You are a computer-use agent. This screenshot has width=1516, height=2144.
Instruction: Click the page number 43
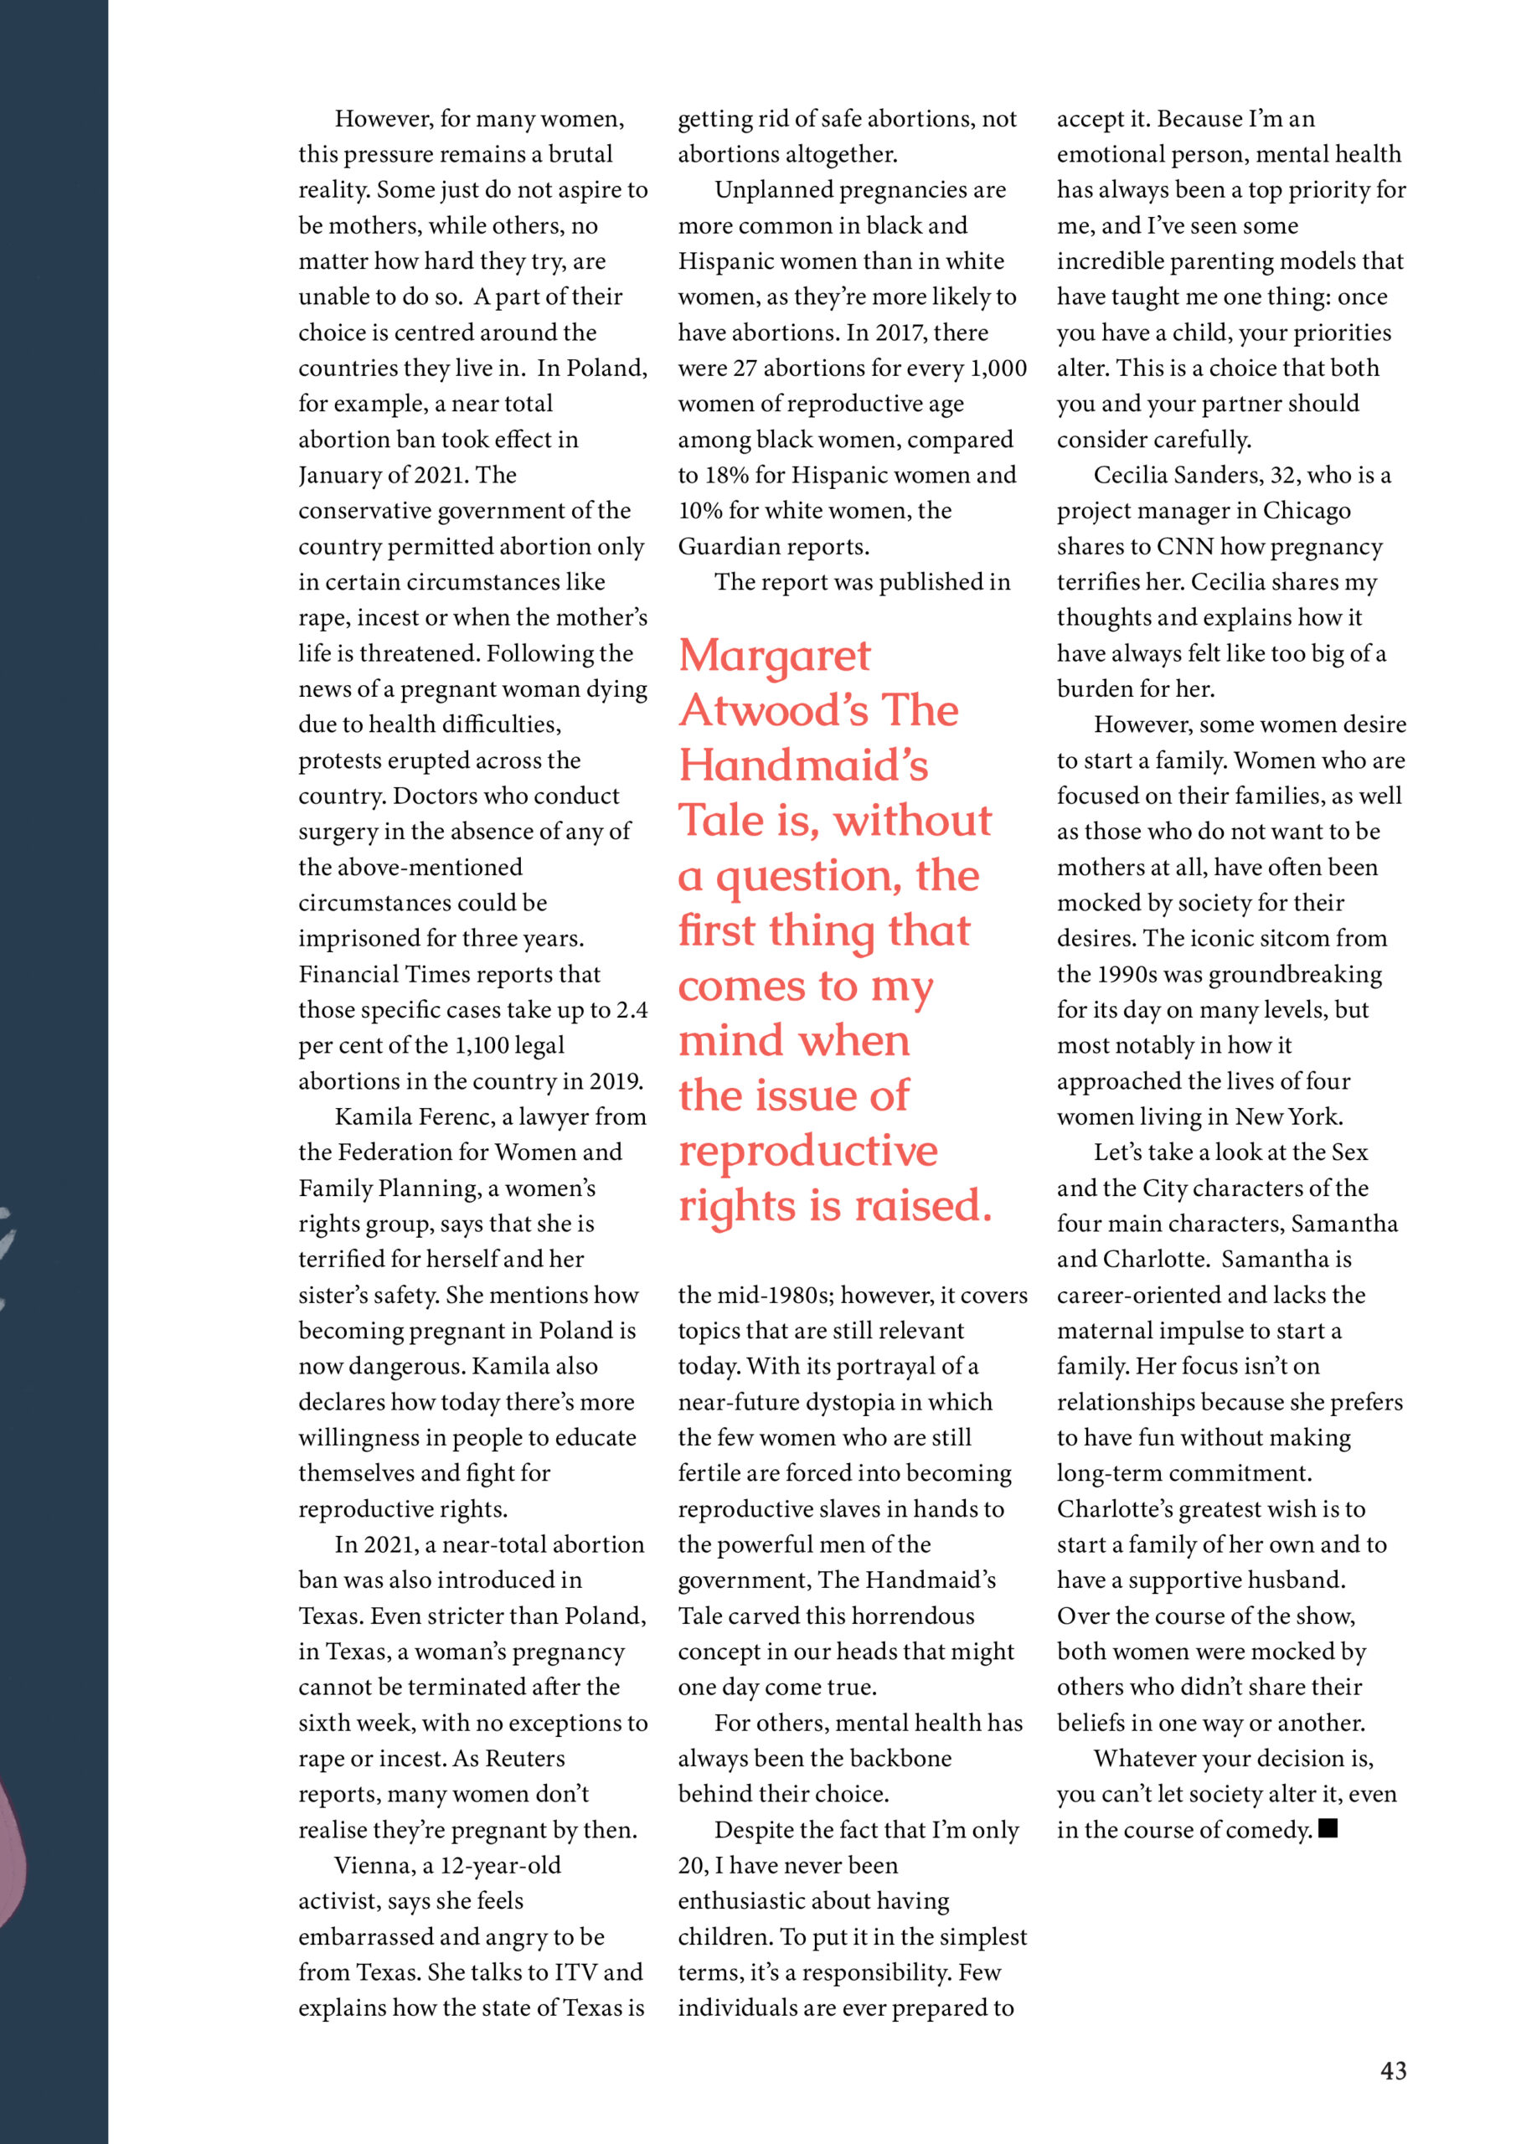[x=1393, y=2070]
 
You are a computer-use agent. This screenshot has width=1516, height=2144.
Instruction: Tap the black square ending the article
[x=1328, y=1827]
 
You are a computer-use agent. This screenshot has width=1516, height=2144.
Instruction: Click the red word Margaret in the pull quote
[x=775, y=657]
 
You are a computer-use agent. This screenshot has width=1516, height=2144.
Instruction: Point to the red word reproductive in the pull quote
[x=808, y=1152]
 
